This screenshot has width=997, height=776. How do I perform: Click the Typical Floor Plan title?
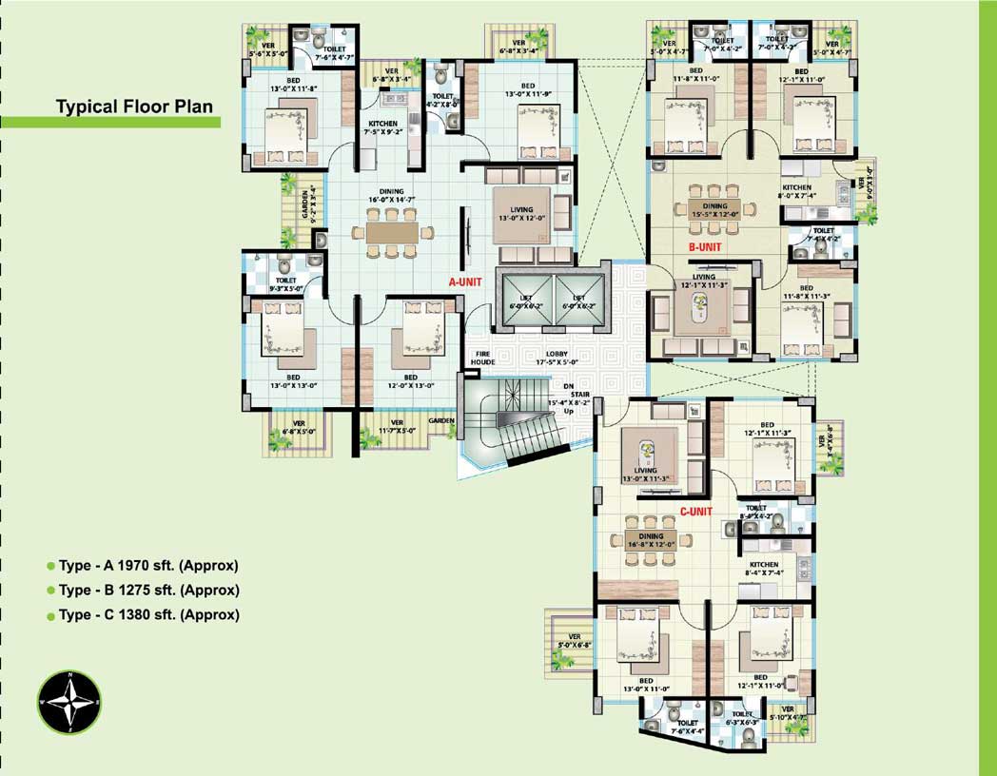click(x=134, y=107)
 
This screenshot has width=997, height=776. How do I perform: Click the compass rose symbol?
click(x=68, y=702)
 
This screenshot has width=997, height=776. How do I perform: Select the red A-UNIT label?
click(x=468, y=282)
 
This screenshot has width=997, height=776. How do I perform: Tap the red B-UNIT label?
click(x=705, y=247)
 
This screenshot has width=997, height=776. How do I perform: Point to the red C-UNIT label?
click(x=696, y=512)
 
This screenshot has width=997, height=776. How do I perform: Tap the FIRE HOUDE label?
click(x=484, y=359)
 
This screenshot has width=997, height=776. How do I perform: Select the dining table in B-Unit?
click(x=714, y=206)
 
